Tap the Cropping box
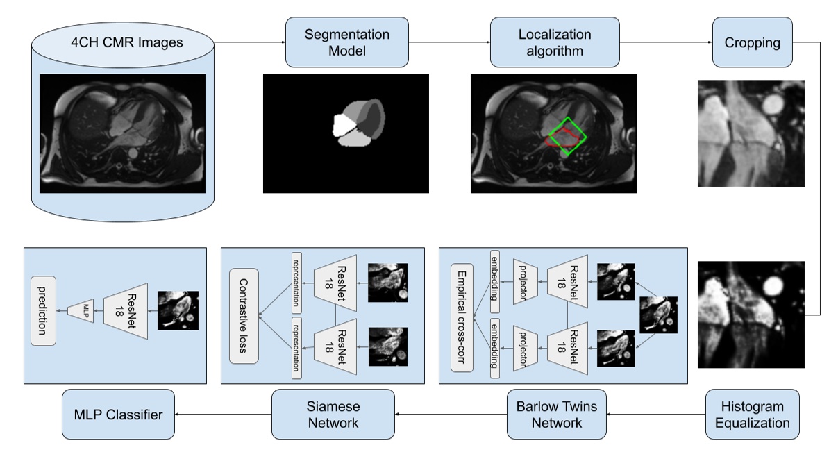752,42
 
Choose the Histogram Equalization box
752,415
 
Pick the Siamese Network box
333,415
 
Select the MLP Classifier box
118,415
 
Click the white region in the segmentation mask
343,126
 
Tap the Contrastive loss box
244,316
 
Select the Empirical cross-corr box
462,316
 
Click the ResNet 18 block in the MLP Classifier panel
126,310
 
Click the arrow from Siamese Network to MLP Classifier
222,415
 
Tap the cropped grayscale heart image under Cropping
751,133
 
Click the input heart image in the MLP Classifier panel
178,310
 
